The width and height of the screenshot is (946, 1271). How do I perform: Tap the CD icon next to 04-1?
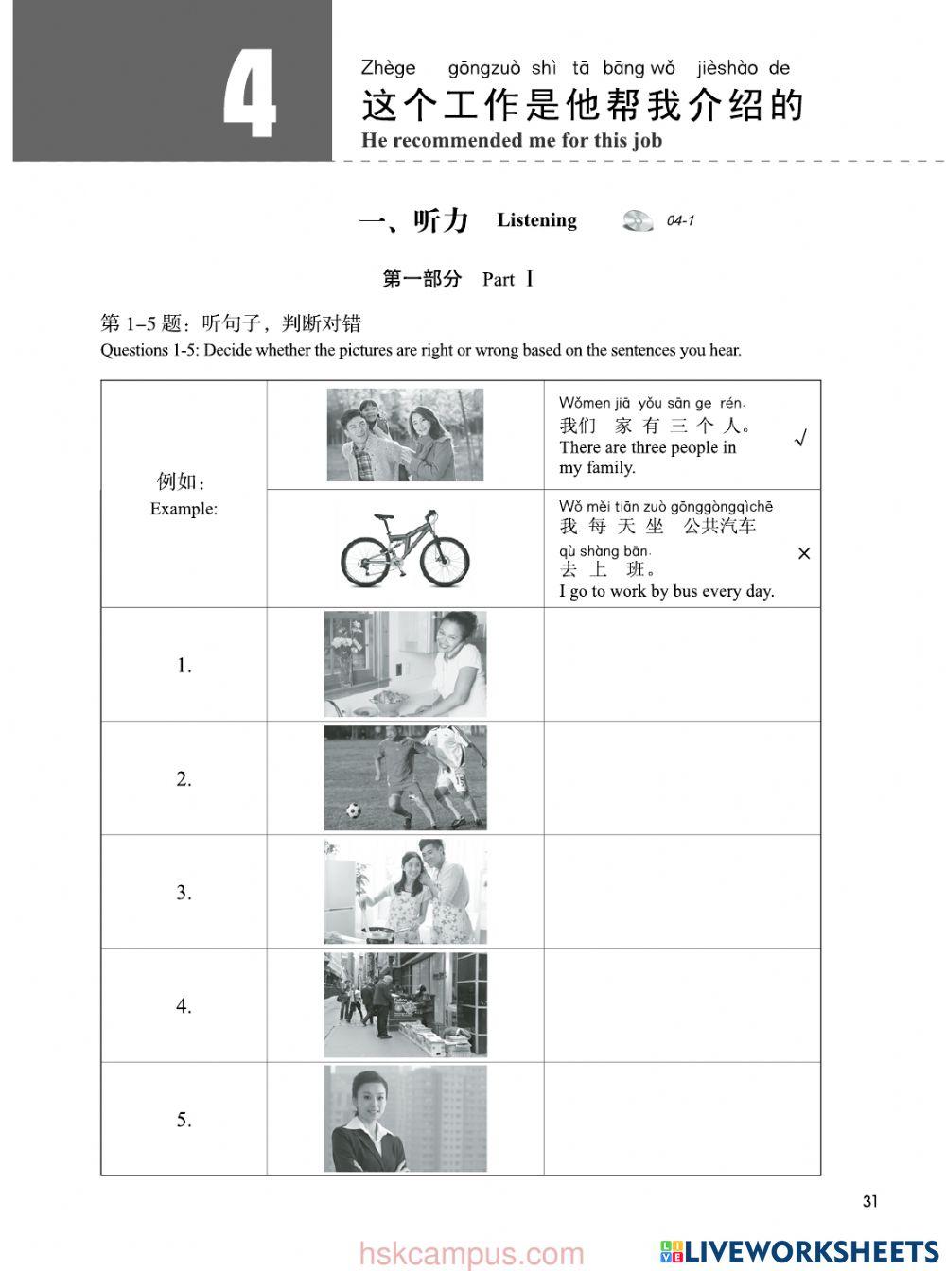[x=638, y=220]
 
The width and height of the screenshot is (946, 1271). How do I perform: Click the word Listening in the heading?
[x=536, y=220]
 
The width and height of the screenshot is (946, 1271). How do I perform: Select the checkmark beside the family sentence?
[x=801, y=439]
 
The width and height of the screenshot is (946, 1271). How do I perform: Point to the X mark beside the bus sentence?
[x=804, y=553]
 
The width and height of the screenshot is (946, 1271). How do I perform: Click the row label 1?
[x=184, y=666]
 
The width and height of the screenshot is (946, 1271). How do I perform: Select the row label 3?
[x=184, y=893]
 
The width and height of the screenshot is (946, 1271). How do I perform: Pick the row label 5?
[x=184, y=1120]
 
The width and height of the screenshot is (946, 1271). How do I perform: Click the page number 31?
[x=870, y=1201]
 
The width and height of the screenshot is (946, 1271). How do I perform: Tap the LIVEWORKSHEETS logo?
[x=799, y=1251]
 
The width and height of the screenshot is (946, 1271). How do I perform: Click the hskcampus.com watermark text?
[x=472, y=1255]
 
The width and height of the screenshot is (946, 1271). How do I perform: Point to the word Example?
[x=184, y=509]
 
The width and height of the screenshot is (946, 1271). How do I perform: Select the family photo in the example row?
[x=405, y=435]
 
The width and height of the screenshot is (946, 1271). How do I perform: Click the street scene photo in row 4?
[x=406, y=1004]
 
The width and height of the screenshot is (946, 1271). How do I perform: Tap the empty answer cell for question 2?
[x=681, y=778]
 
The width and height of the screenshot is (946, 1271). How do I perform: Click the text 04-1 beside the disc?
[x=680, y=221]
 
